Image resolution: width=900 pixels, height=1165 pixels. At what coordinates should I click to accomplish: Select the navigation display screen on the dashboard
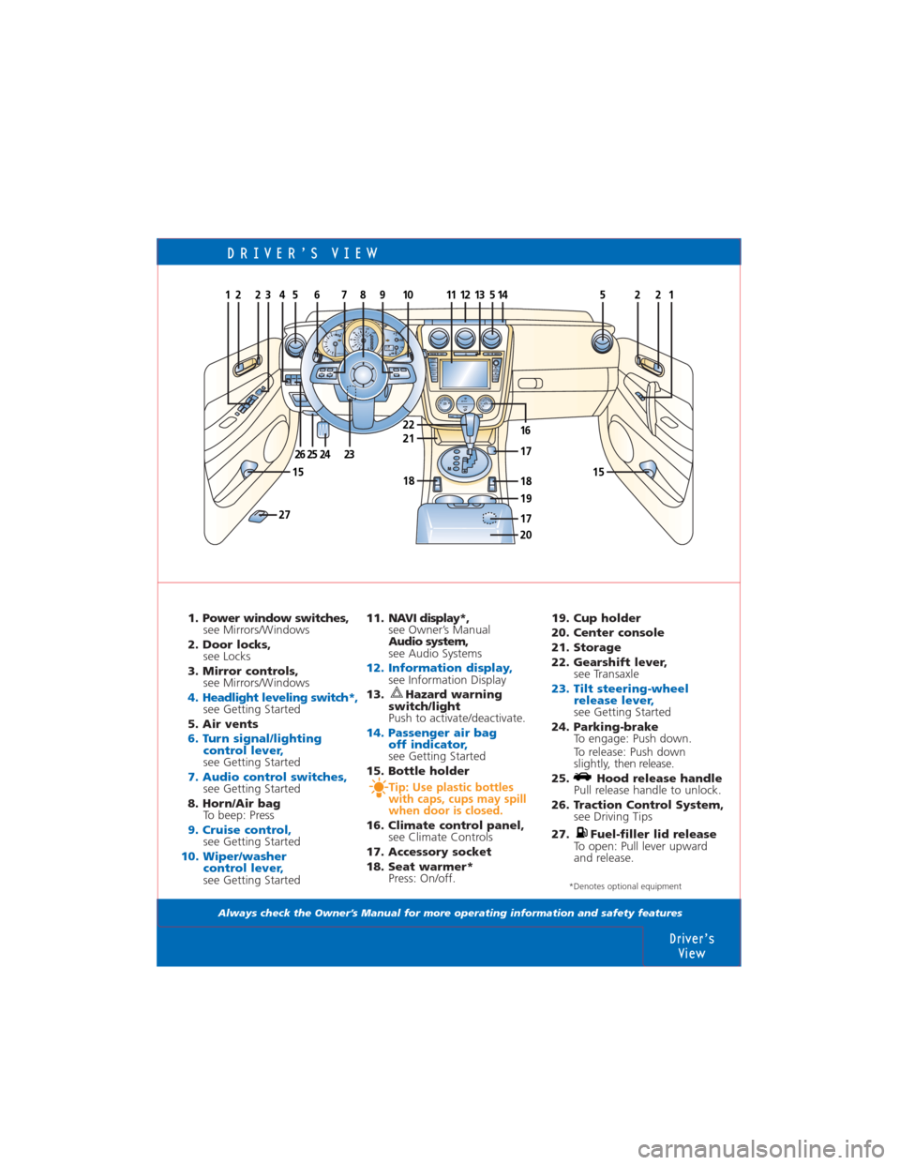coord(465,373)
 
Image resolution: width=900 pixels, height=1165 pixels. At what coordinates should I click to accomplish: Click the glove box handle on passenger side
coord(530,383)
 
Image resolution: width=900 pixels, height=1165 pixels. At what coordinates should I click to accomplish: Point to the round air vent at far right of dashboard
coord(602,344)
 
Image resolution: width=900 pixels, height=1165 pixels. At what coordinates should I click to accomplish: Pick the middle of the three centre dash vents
coord(464,339)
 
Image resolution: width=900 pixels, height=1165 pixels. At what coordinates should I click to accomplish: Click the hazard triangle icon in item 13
coord(397,694)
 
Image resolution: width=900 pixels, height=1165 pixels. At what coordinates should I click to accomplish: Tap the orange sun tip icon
coord(377,788)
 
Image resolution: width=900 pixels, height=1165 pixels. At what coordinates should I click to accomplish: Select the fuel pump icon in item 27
coord(581,833)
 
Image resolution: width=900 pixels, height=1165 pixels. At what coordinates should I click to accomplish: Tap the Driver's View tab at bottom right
coord(692,946)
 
